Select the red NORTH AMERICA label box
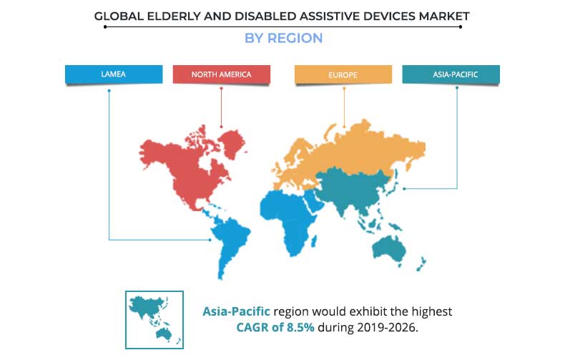tap(222, 74)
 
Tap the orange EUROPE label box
tap(344, 74)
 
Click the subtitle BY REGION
tap(283, 39)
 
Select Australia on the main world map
tap(388, 247)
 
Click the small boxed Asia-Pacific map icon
tap(154, 319)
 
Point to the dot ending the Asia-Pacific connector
tap(405, 189)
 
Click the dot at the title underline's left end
tap(105, 26)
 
